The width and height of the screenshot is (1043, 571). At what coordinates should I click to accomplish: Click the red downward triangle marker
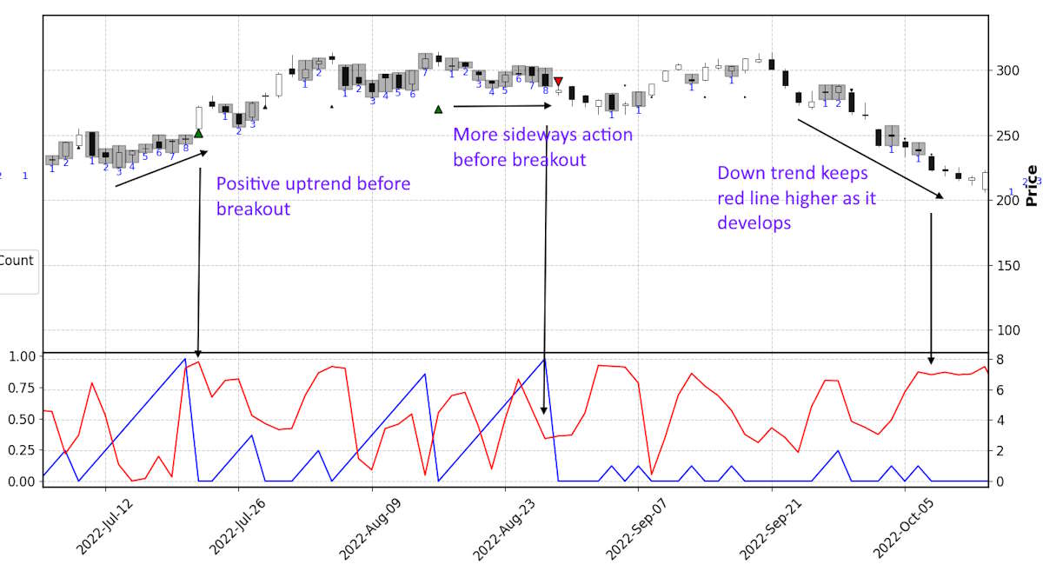558,81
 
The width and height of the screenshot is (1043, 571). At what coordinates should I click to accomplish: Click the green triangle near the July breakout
198,133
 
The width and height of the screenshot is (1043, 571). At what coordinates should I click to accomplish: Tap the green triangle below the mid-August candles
438,110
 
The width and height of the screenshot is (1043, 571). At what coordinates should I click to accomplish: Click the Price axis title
1032,185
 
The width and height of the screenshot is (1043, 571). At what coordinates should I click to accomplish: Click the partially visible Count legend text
17,261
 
